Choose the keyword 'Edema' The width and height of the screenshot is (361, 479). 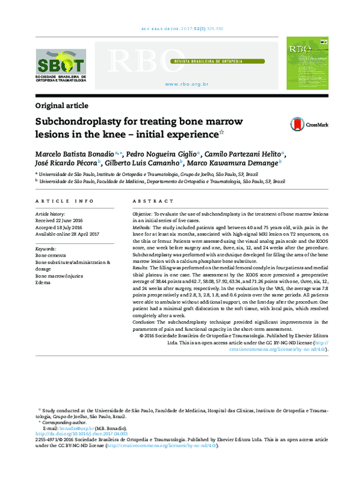(x=44, y=282)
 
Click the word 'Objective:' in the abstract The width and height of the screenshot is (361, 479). (x=142, y=214)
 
